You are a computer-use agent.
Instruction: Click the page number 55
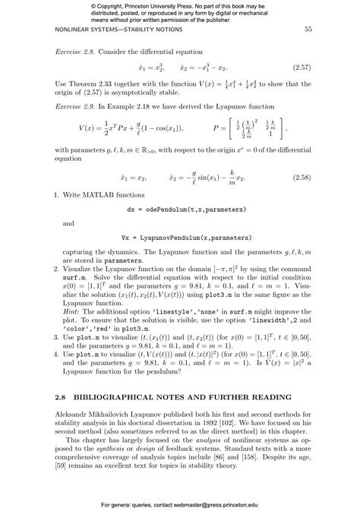tap(308, 30)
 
